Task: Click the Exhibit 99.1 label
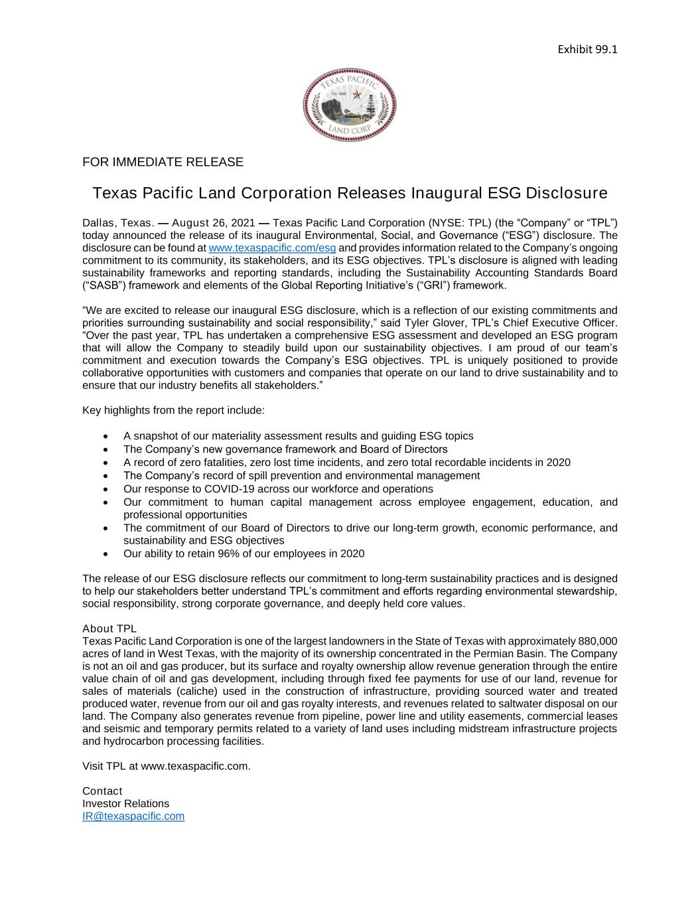[x=587, y=49]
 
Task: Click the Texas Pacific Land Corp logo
[x=350, y=104]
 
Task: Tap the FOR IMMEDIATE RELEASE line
[x=163, y=162]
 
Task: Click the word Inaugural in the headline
[x=446, y=193]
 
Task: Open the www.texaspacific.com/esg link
[x=272, y=248]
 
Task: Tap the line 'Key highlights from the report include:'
[x=173, y=410]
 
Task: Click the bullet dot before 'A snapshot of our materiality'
[x=107, y=437]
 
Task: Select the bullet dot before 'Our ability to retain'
[x=107, y=554]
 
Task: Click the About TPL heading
[x=109, y=629]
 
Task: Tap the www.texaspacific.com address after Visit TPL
[x=195, y=766]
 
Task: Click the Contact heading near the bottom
[x=102, y=791]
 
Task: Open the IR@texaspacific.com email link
[x=133, y=816]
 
